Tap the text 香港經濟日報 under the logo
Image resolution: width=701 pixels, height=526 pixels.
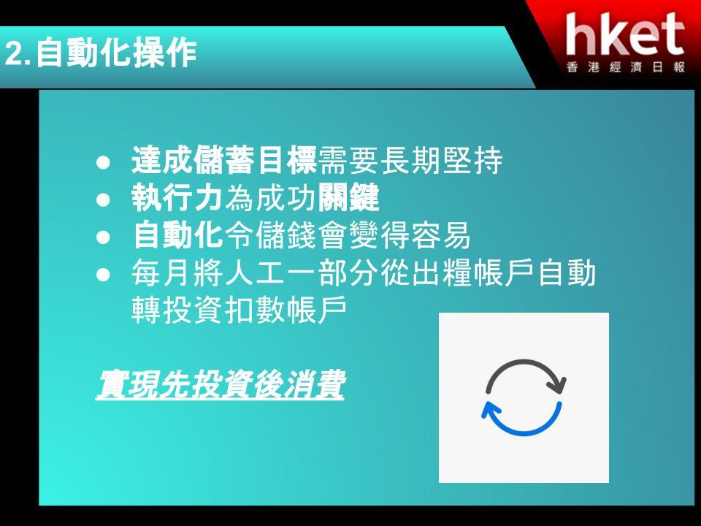pos(626,67)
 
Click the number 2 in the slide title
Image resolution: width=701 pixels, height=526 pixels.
pos(15,54)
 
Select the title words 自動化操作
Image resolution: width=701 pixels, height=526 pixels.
pos(116,53)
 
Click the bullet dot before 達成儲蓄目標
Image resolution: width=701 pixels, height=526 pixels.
pos(103,162)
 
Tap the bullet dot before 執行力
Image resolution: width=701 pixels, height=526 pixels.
pos(103,199)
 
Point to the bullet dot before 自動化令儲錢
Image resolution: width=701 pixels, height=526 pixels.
pos(103,237)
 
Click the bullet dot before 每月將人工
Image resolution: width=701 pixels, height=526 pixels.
pos(103,274)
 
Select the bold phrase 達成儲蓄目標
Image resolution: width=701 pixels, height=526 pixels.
pos(224,160)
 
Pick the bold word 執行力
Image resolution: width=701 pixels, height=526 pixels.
pos(177,197)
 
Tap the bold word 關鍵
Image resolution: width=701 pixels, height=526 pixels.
pos(349,197)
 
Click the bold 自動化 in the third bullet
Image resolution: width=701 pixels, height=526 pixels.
pos(177,235)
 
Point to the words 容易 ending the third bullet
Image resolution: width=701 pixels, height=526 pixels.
pos(441,235)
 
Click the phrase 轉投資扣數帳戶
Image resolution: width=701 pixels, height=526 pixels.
pos(240,310)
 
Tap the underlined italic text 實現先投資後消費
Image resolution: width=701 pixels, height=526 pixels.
pos(220,384)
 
